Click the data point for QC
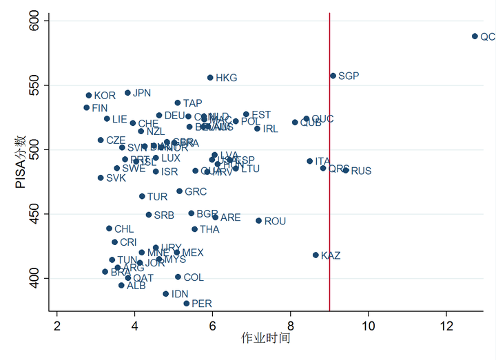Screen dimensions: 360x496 [x=475, y=36]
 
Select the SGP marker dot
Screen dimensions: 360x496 [x=333, y=76]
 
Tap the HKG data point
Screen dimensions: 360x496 [x=210, y=78]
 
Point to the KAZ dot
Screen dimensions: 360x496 [x=316, y=255]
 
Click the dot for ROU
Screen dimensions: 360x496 [x=258, y=221]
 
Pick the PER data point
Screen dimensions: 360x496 [x=186, y=304]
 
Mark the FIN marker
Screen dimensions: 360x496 [x=87, y=107]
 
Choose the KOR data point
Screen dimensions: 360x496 [x=89, y=96]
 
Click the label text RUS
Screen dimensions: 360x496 [x=361, y=171]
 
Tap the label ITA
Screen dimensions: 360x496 [x=322, y=162]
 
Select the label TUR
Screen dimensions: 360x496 [x=157, y=197]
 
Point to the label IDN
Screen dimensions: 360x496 [x=180, y=294]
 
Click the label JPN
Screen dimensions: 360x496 [x=142, y=93]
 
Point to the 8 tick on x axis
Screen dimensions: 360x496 [x=290, y=326]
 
